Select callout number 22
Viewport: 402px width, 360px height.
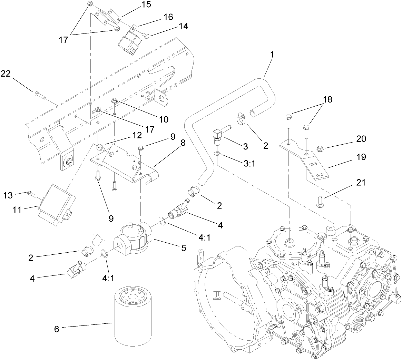tap(6, 74)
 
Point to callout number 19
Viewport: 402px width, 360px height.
tap(362, 157)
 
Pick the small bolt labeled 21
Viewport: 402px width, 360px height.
tap(319, 201)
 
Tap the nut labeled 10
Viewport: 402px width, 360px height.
tap(115, 100)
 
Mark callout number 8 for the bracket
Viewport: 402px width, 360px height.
tap(183, 143)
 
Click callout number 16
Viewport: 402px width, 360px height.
tap(168, 17)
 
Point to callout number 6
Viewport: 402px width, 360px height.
tap(57, 329)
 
